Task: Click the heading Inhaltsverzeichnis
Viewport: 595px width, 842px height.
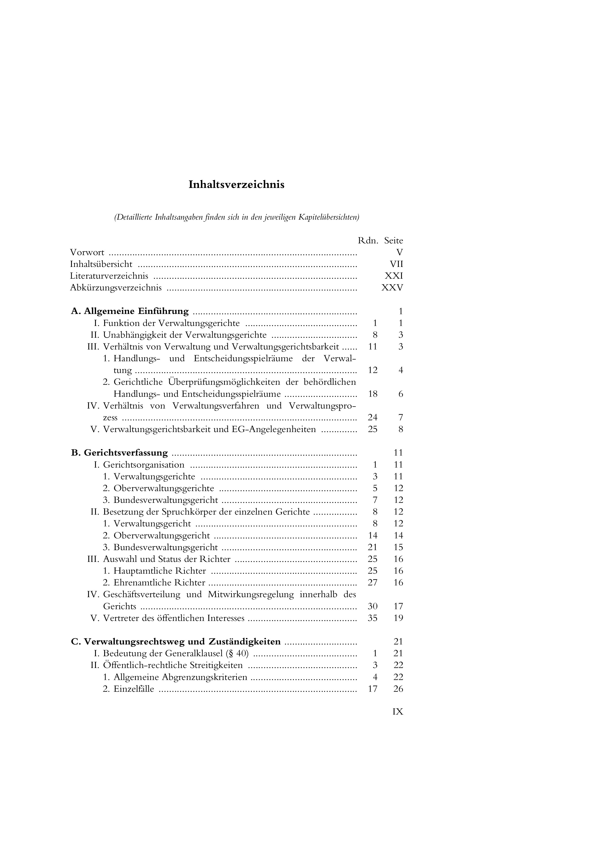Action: coord(236,185)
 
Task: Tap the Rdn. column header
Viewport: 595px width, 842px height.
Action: coord(368,241)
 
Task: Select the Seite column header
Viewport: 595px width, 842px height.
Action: coord(393,241)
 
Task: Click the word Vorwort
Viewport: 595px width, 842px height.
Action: coord(87,253)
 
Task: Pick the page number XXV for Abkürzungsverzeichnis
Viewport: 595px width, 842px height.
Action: coord(392,288)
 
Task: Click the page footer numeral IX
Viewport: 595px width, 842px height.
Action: coord(397,712)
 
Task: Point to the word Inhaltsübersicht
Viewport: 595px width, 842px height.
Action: coord(101,265)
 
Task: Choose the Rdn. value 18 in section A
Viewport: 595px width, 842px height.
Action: coord(373,394)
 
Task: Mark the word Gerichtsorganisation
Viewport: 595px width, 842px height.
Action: coord(144,465)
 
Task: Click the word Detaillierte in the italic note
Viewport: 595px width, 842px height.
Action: coord(134,217)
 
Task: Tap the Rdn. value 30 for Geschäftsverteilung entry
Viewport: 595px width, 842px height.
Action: coord(373,607)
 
